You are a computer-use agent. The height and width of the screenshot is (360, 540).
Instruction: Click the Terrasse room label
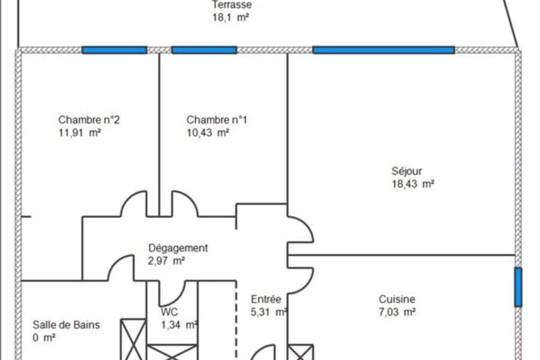click(232, 4)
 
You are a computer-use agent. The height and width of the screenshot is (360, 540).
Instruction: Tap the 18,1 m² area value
click(231, 17)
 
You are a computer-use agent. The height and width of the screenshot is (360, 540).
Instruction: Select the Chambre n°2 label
click(89, 120)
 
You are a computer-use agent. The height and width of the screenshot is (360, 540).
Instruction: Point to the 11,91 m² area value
click(80, 133)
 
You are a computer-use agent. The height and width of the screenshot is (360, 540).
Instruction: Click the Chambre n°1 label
click(217, 120)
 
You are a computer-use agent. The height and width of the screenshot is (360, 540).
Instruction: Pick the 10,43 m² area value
click(208, 133)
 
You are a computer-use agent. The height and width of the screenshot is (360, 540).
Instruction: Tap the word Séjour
click(407, 171)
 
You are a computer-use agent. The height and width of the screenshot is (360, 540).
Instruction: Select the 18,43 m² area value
click(413, 184)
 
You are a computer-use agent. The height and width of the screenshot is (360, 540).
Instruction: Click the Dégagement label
click(178, 248)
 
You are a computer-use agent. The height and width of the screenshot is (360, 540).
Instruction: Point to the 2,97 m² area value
click(166, 261)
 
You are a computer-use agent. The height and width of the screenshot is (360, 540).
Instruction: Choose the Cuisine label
click(397, 299)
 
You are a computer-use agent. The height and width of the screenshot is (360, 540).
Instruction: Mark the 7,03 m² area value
click(397, 312)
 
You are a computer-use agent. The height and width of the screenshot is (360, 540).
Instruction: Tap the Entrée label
click(266, 299)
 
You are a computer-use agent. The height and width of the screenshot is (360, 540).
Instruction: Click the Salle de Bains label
click(66, 325)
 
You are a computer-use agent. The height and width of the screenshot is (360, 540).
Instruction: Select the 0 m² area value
click(44, 338)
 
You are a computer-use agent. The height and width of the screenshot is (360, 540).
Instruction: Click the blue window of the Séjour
click(383, 50)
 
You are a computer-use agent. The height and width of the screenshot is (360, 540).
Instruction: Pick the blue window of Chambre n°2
click(115, 50)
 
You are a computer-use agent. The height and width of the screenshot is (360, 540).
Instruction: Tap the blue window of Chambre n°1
click(204, 50)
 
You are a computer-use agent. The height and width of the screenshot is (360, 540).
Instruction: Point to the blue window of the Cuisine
click(518, 287)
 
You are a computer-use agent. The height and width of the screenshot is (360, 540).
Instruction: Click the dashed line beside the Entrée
click(236, 320)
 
